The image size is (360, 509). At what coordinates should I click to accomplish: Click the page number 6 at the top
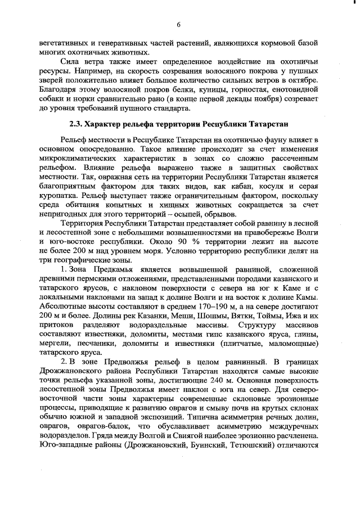pos(178,25)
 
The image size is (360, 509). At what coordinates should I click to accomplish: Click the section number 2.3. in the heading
pos(76,123)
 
